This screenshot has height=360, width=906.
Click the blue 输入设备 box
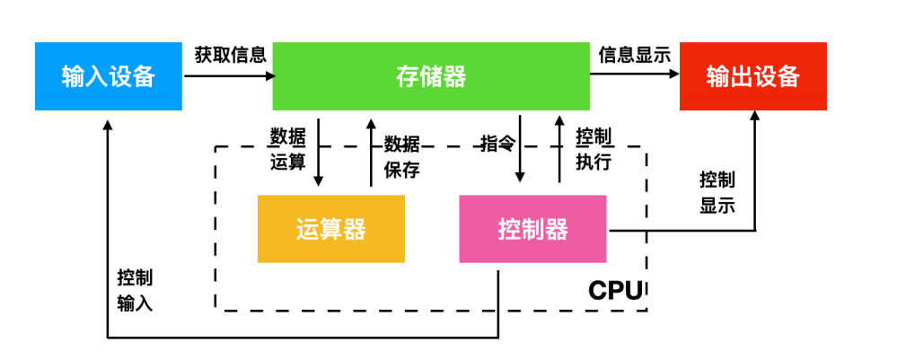point(109,76)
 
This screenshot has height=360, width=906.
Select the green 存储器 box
point(431,76)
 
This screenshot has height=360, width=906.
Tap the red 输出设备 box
point(752,76)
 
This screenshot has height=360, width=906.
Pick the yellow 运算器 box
point(331,229)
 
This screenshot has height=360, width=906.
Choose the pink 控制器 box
point(532,229)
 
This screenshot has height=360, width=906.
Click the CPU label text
point(615,291)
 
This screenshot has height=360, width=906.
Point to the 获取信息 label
point(231,55)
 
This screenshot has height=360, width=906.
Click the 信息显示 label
point(635,55)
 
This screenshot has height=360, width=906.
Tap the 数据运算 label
point(287,150)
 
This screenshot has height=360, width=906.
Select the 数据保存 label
point(402,157)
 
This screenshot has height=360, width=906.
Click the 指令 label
point(497,144)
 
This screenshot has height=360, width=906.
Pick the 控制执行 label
point(594,150)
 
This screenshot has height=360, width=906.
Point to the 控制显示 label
point(717,193)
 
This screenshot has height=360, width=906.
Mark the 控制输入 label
point(136,291)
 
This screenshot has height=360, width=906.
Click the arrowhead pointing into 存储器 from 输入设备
point(270,75)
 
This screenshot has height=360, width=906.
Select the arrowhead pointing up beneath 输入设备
point(108,124)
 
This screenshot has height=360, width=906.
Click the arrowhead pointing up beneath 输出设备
point(754,116)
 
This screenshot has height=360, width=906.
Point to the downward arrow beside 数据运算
point(319,153)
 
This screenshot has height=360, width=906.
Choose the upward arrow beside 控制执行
point(559,149)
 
